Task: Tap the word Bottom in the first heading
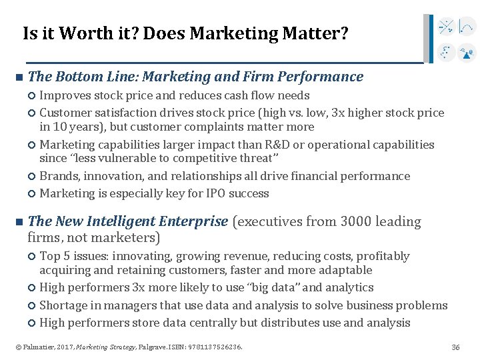[x=85, y=77]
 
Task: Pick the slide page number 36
[x=456, y=347]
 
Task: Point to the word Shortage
[x=62, y=305]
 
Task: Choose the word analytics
[x=347, y=287]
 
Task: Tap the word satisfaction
[x=121, y=113]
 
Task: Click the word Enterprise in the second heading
[x=197, y=221]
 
